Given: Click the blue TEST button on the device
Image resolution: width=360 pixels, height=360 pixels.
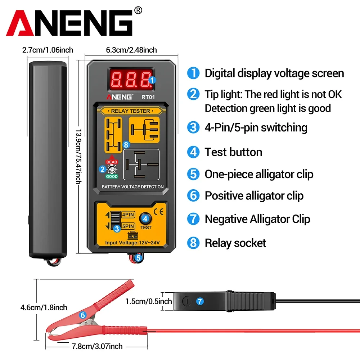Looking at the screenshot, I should coord(146,218).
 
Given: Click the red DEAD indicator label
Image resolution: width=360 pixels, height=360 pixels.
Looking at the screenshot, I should coord(112,162).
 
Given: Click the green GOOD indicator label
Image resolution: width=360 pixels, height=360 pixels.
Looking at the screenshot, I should coord(112,177).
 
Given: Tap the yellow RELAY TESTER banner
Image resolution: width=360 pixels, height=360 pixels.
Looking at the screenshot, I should coord(130,111).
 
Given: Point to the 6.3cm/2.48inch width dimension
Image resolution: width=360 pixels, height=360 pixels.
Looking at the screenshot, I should coord(131,50).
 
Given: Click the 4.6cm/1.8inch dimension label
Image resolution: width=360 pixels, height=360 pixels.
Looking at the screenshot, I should coord(44,307).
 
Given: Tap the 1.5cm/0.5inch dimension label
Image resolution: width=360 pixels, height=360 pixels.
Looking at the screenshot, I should coord(149,301).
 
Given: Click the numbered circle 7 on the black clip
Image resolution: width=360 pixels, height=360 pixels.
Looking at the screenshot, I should coord(199,301).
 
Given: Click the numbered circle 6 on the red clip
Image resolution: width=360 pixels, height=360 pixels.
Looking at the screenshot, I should coord(82,315).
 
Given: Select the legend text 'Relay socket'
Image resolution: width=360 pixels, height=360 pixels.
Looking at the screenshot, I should coord(235,243).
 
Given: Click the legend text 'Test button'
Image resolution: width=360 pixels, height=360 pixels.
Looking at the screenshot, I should coord(233,152).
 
